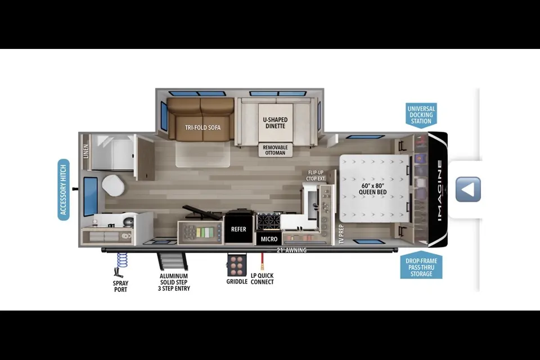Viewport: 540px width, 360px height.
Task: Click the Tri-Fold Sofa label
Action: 202,128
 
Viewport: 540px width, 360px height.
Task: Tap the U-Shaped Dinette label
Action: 275,123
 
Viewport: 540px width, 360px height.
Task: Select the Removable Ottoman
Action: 275,150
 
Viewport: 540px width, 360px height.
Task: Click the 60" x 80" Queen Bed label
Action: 372,189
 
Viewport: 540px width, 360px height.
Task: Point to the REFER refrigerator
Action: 238,229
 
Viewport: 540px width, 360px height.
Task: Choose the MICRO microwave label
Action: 269,238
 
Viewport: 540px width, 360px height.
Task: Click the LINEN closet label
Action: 85,151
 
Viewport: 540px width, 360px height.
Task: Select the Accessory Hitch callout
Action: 64,190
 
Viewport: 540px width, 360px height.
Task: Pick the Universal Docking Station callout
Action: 421,115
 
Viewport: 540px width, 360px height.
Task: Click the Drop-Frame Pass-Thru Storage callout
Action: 421,267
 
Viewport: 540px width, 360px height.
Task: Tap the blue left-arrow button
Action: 468,190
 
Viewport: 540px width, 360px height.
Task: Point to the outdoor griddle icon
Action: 237,264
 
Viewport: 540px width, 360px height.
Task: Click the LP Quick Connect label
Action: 262,278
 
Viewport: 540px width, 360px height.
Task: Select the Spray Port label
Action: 120,286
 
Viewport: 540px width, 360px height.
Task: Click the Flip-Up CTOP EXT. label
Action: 316,175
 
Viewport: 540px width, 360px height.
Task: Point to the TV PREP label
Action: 341,234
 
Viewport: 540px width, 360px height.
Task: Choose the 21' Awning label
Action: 291,250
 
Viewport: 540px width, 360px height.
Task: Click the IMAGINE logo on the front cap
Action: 440,190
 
